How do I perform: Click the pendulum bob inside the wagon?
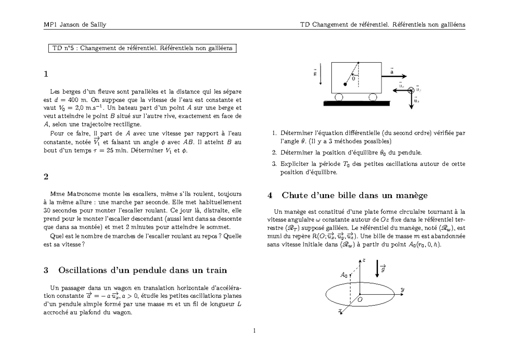coord(345,84)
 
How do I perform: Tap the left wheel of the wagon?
coord(339,98)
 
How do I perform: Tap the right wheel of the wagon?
coord(373,98)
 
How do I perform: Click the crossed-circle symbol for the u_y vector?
coord(411,90)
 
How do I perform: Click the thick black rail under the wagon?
coord(356,103)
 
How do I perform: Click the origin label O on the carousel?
coord(360,300)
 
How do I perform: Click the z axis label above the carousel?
coord(364,260)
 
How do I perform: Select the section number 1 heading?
coord(46,74)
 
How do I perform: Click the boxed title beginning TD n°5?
coord(142,48)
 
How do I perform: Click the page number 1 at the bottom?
coord(254,331)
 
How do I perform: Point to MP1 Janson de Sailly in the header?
coord(75,24)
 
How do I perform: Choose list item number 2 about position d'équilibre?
coord(347,152)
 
